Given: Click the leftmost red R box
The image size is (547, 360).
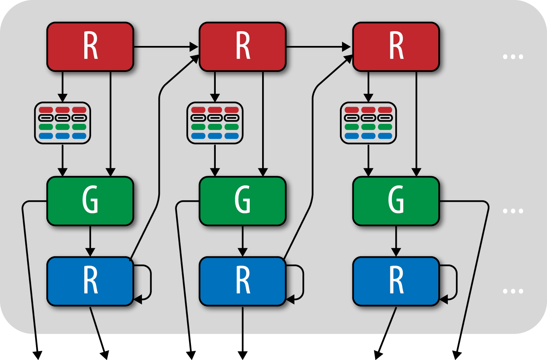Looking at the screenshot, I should tap(90, 47).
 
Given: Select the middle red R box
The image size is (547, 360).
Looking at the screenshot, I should tap(243, 47).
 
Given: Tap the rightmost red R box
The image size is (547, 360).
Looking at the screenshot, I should tap(396, 47).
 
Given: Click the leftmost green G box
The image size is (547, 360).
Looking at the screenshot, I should tap(90, 201).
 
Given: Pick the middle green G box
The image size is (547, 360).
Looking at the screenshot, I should tap(243, 201).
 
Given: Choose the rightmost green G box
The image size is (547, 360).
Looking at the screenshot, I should tap(396, 201).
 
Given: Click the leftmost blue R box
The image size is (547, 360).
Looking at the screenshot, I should tap(90, 281).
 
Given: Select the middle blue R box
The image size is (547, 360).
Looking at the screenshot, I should tap(243, 281).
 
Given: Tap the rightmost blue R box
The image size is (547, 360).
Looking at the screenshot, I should tap(396, 281).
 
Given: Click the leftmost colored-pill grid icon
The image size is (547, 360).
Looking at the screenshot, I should tap(63, 123).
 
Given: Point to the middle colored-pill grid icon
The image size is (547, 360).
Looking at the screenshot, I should tap(215, 123).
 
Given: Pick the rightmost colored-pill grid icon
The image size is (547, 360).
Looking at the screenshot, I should tap(368, 123).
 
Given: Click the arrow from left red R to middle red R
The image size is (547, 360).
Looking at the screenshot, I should tap(166, 47).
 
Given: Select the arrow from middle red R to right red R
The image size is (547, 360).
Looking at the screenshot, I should tap(318, 47).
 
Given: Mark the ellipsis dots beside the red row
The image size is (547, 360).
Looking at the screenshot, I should tap(513, 57).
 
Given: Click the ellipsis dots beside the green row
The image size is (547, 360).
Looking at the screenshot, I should tap(513, 211).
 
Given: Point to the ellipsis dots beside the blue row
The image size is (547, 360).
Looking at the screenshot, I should tap(513, 291).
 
